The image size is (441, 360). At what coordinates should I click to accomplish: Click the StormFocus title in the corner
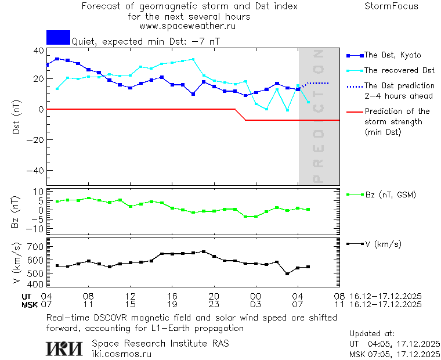tap(391, 6)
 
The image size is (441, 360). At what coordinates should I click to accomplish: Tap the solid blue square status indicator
tap(58, 37)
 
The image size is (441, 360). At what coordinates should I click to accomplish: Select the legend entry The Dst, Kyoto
tap(392, 55)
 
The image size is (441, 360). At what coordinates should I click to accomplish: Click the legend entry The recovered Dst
tap(399, 70)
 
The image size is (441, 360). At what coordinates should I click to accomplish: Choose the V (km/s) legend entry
tap(382, 244)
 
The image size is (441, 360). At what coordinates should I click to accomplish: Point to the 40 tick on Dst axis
tap(39, 51)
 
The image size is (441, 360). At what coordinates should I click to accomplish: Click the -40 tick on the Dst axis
tap(36, 171)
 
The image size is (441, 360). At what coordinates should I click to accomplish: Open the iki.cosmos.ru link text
tap(122, 354)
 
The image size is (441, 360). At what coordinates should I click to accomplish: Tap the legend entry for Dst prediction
tap(399, 91)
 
